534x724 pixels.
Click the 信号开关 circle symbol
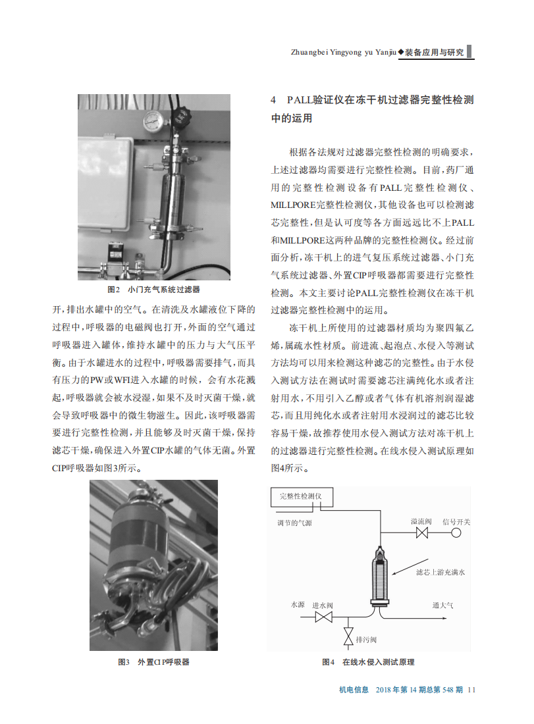[456, 533]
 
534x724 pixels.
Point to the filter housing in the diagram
[381, 576]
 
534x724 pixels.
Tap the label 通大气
[442, 605]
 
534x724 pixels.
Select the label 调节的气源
[294, 523]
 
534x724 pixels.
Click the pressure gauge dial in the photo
[155, 120]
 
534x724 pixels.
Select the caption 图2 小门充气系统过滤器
[153, 290]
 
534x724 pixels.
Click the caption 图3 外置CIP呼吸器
[153, 662]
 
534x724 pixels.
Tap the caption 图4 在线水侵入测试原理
[368, 662]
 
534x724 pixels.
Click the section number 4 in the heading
[274, 100]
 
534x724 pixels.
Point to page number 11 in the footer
[471, 690]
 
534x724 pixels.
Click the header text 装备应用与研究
[435, 52]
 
